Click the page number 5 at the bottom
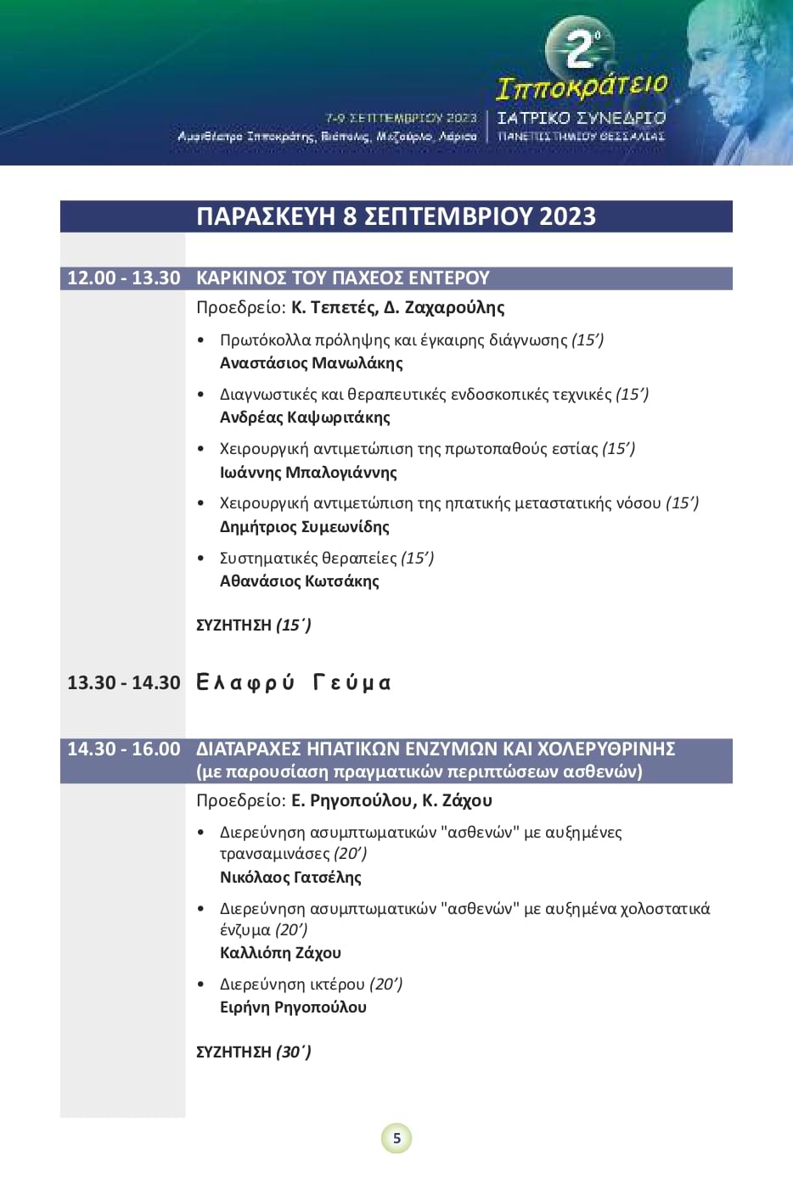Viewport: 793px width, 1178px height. tap(396, 1138)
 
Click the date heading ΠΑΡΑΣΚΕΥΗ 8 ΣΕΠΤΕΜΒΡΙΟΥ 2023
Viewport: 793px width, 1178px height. tap(396, 216)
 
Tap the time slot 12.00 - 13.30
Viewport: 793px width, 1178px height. tap(124, 278)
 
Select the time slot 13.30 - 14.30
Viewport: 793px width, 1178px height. tap(124, 682)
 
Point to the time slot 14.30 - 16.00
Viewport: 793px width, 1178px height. tap(124, 749)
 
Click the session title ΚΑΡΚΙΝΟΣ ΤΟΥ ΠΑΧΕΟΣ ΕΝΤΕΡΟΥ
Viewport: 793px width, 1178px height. tap(343, 278)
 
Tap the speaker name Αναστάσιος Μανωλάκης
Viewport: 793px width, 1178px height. tap(311, 363)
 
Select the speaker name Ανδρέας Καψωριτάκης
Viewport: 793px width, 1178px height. tap(305, 418)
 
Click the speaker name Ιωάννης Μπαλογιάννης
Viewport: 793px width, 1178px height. tap(308, 472)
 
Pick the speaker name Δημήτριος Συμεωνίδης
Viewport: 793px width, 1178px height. tap(304, 527)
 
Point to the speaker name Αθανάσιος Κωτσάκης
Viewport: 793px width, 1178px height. tap(299, 581)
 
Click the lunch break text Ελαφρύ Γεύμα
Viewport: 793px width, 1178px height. tap(294, 682)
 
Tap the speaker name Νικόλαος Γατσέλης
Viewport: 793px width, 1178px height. tap(290, 878)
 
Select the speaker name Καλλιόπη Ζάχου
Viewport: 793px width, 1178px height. tap(280, 953)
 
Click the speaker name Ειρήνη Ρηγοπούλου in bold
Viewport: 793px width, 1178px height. tap(293, 1007)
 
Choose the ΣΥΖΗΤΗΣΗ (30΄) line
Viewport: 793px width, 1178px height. tap(253, 1052)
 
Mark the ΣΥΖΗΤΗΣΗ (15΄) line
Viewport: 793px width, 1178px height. tap(253, 625)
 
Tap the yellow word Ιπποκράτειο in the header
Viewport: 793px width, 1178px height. tap(582, 87)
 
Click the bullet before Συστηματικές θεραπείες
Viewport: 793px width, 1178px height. tap(201, 558)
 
